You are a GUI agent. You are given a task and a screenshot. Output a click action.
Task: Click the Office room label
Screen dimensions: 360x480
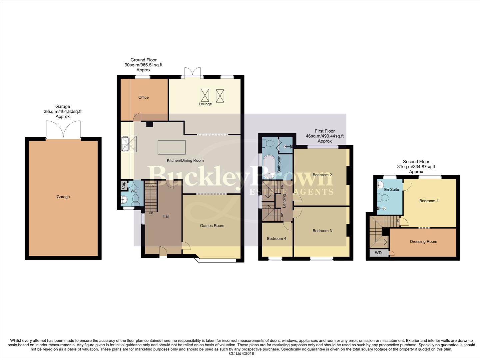point(144,97)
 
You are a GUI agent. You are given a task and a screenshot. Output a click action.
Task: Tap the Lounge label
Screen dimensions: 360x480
point(205,104)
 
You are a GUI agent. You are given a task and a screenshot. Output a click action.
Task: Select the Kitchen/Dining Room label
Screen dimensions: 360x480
point(185,160)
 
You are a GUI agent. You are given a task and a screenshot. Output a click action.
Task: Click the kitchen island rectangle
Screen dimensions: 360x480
point(172,147)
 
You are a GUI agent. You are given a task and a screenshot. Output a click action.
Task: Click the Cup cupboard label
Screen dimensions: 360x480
point(123,185)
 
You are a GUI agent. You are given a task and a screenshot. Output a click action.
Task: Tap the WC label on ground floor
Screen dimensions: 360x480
point(134,191)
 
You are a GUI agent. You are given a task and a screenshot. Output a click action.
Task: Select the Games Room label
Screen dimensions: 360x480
point(212,226)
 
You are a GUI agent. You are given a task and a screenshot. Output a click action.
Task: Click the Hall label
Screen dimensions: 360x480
point(166,216)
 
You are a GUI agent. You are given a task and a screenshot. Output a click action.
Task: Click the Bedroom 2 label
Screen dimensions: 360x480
point(322,175)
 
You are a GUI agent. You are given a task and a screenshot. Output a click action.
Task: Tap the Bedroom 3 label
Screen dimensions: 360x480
point(322,231)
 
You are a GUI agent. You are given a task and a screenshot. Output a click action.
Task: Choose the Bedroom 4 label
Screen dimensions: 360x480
point(276,239)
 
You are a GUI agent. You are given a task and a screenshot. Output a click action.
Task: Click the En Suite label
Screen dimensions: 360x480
point(391,190)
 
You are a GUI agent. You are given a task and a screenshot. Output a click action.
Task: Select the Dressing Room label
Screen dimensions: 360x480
point(423,242)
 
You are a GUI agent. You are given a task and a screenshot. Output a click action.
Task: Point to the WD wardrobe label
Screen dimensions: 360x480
point(378,253)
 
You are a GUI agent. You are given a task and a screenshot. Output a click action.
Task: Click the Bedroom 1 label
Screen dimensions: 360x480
point(429,201)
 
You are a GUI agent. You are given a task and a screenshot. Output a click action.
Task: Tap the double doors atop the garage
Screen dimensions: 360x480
point(63,130)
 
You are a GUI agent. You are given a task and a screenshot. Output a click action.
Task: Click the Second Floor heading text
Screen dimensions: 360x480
point(416,162)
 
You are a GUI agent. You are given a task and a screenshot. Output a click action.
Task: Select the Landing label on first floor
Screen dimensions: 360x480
point(284,201)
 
